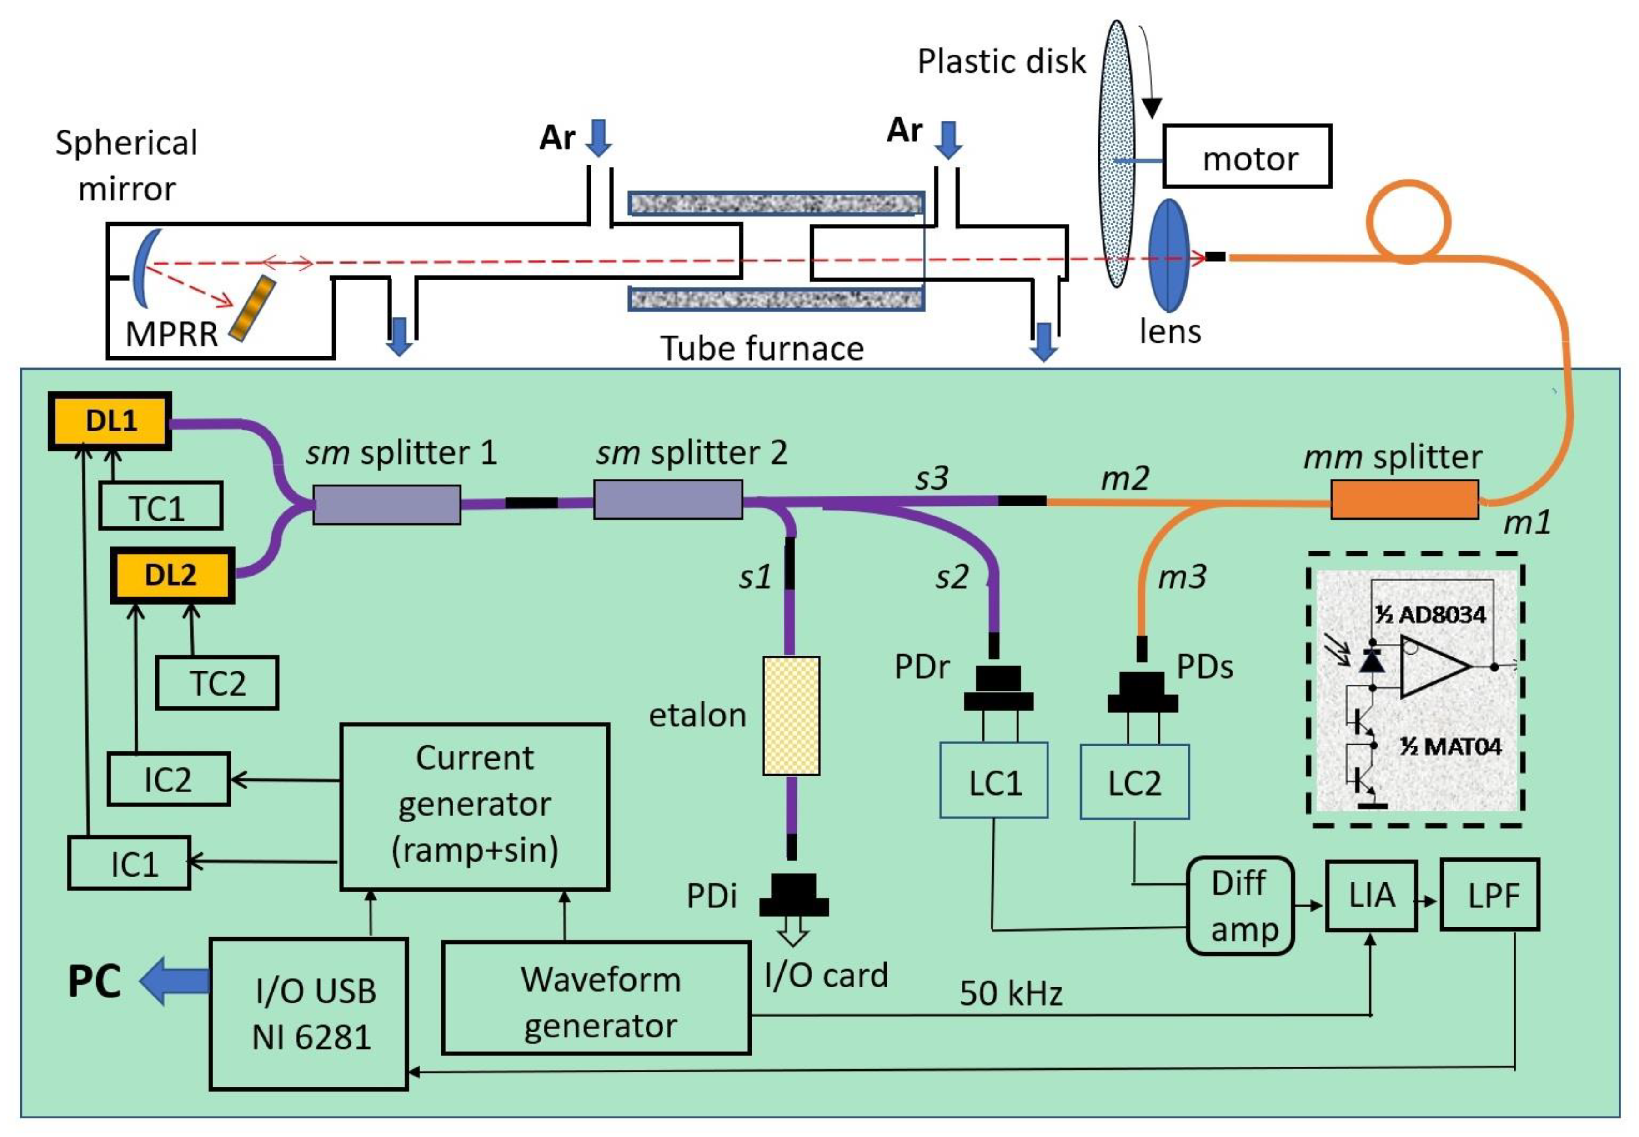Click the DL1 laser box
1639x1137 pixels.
(x=110, y=421)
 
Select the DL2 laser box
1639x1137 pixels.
(x=172, y=575)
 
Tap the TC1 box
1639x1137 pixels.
(x=160, y=506)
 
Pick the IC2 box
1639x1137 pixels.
(x=168, y=779)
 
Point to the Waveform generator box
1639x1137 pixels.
(x=596, y=998)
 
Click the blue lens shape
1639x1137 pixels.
(x=1169, y=255)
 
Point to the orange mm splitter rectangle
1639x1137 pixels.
(x=1404, y=499)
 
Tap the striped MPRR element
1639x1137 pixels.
(x=253, y=309)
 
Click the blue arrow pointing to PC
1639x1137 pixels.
(x=173, y=981)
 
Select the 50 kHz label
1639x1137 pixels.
(x=1010, y=993)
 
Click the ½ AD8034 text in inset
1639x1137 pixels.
(x=1430, y=614)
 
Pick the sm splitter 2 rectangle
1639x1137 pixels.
(x=667, y=499)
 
